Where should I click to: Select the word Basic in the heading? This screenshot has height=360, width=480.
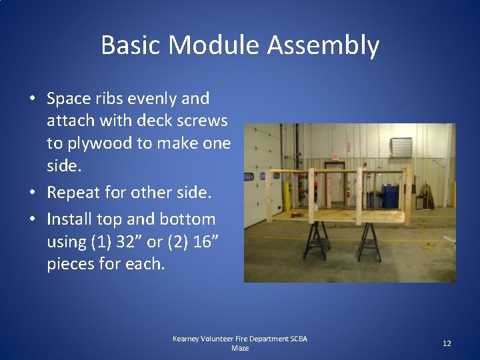pos(131,45)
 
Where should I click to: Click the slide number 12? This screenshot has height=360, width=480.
pos(447,343)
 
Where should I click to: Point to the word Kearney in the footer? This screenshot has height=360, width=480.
pos(189,339)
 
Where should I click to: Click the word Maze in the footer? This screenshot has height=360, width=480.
pos(239,349)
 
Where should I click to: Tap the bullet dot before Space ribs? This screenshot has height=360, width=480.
pos(32,99)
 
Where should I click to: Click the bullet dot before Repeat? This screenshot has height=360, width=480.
pos(32,193)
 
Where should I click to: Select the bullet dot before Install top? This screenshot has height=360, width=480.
pos(32,219)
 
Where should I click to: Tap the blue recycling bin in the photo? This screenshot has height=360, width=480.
pos(391,196)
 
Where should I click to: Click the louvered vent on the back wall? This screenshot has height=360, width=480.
pos(401,147)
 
